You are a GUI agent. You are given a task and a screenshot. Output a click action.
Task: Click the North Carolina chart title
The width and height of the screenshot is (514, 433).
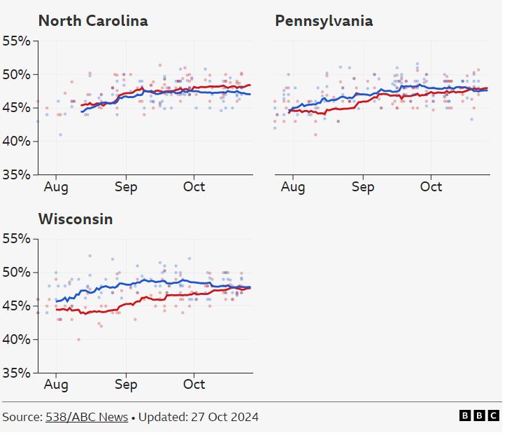92,21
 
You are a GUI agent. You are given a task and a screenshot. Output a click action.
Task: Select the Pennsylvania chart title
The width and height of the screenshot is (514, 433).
324,21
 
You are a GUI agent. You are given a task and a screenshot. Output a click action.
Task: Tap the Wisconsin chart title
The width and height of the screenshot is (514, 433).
75,219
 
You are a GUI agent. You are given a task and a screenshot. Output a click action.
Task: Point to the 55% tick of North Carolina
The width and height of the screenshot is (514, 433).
16,41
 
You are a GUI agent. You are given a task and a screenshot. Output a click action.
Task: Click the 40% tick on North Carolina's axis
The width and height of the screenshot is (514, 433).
16,141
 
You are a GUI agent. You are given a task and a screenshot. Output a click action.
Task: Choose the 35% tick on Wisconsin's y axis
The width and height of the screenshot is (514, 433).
16,373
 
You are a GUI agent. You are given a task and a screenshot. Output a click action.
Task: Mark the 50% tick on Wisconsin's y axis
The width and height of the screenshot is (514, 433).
16,272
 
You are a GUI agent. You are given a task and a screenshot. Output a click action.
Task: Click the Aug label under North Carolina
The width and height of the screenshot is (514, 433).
56,187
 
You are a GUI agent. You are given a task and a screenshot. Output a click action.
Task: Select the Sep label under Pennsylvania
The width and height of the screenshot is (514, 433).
362,187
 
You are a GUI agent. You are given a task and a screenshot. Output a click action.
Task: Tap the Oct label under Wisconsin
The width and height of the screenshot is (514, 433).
194,385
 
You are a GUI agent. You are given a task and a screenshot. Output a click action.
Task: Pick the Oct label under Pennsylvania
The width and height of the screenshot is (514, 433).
431,187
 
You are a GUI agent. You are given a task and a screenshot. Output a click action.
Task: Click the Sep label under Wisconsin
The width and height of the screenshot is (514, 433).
126,385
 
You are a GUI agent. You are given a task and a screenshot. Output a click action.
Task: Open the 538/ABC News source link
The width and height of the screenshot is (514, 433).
87,417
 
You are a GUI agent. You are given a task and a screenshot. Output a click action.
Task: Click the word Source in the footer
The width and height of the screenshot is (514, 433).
22,417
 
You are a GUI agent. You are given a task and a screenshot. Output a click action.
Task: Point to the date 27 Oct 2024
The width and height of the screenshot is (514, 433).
224,417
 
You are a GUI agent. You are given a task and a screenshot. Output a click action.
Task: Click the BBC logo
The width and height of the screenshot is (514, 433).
479,415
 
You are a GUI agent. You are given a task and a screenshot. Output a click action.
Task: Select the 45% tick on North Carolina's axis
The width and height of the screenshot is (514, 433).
16,107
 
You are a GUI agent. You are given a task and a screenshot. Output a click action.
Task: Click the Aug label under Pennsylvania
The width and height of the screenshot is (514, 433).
293,187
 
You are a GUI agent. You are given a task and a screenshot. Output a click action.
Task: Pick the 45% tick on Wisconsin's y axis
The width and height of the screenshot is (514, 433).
16,305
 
